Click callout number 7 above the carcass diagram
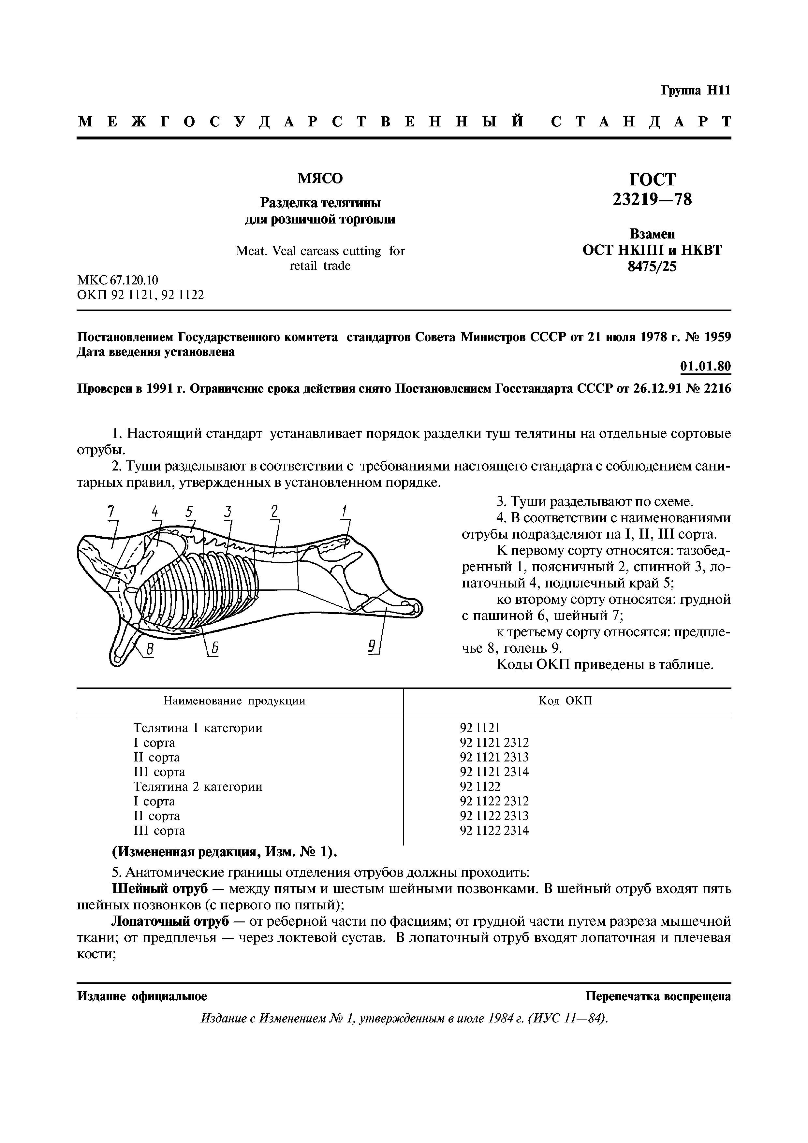point(111,511)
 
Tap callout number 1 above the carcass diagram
point(344,511)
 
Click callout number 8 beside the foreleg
point(150,648)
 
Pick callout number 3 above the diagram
point(228,511)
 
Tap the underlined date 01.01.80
point(705,367)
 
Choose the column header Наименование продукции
point(234,701)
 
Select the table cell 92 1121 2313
point(494,757)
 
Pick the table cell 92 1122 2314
point(494,830)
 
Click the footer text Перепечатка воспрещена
point(658,996)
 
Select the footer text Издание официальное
point(142,996)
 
